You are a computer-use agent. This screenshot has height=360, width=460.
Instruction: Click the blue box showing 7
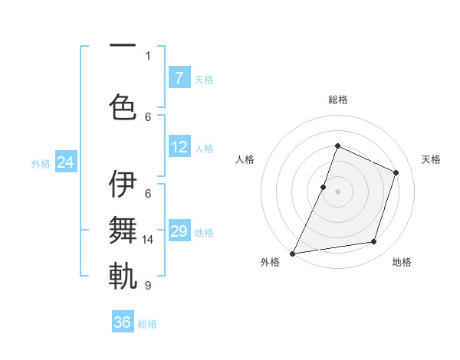point(179,78)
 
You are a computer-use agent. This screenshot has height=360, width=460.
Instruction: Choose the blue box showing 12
point(179,147)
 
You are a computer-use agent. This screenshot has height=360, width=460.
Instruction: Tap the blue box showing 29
point(179,231)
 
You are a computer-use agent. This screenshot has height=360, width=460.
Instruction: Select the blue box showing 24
point(66,162)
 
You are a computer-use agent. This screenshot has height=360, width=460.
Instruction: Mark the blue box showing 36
point(123,322)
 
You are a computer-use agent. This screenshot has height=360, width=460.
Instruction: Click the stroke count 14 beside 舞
point(148,240)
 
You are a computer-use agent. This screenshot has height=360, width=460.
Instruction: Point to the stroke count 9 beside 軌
point(148,285)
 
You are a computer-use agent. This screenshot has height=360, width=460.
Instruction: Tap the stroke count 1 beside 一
point(148,55)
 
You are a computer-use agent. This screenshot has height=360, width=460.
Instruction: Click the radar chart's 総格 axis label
point(337,100)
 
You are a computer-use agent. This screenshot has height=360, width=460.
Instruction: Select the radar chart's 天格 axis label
point(431,159)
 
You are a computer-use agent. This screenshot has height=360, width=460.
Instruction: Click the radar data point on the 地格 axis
point(374,242)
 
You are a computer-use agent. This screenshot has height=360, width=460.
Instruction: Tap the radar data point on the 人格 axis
point(324,187)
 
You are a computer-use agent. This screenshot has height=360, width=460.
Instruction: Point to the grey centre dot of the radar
point(337,191)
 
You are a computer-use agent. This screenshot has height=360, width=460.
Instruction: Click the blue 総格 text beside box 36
point(147,324)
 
